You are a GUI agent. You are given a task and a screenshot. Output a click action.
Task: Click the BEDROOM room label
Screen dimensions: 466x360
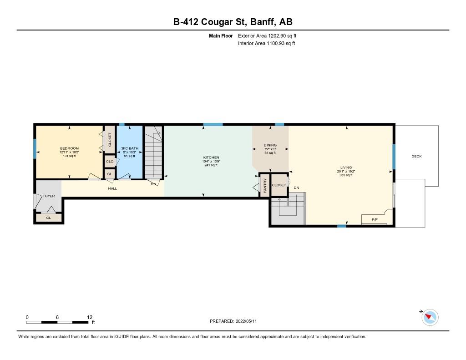[x=69, y=148]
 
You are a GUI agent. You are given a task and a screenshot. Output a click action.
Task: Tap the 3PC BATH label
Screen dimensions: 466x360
[x=130, y=148]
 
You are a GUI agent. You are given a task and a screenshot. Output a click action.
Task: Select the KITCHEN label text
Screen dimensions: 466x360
[x=211, y=157]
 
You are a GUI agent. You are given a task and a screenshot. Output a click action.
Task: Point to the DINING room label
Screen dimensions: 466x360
[x=270, y=145]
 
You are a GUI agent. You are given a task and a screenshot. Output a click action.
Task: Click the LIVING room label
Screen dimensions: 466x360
[x=346, y=167]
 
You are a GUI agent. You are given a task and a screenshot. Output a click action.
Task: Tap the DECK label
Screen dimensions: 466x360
[x=416, y=157]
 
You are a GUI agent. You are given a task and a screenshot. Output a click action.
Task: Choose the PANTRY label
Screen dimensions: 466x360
[x=265, y=185]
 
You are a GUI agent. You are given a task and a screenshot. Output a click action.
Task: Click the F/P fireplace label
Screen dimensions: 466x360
[x=375, y=220]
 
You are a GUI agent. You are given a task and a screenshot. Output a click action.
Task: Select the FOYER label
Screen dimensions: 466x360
[x=48, y=196]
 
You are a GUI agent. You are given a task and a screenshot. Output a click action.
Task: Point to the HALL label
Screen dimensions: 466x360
[x=112, y=188]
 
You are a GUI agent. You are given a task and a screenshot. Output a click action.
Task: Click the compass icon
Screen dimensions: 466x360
[x=430, y=317]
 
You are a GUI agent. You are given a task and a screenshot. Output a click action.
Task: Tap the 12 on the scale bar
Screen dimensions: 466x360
[x=90, y=317]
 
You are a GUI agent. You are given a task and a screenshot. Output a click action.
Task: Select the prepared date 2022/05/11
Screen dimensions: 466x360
[x=246, y=321]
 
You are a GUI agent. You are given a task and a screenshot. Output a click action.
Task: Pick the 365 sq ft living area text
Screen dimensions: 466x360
[x=346, y=175]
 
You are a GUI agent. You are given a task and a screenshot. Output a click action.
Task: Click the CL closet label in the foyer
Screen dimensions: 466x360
[x=48, y=218]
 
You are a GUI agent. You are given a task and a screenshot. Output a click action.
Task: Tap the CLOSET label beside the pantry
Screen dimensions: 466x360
[x=279, y=185]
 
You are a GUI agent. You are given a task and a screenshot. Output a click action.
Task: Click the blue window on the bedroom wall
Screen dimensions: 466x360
[x=35, y=148]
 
